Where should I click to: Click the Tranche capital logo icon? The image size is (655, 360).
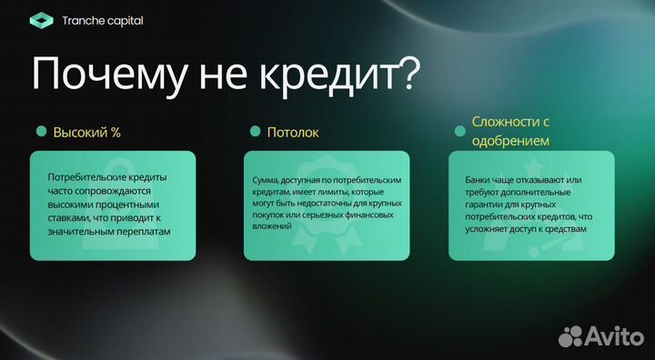coord(41,20)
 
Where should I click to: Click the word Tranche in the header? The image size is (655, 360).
coord(85,20)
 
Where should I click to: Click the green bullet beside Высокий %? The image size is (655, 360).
coord(41,132)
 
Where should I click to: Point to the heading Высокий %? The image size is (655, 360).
coord(87,133)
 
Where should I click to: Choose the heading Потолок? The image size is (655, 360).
coord(293,133)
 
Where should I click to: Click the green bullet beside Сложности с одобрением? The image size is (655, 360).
coord(459,131)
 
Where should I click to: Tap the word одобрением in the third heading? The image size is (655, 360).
coord(510,141)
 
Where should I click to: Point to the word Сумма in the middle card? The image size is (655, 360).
coord(266,181)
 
